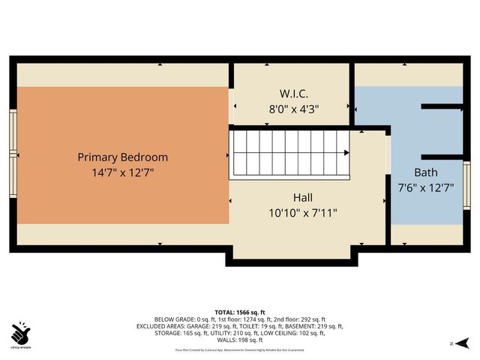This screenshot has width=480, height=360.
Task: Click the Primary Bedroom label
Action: (122, 157)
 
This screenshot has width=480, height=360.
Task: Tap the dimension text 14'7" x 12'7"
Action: (122, 172)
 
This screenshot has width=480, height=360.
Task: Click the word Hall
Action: (303, 197)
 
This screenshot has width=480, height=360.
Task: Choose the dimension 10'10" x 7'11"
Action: (303, 212)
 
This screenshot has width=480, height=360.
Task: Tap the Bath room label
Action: (425, 172)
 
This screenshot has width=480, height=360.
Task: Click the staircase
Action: (289, 153)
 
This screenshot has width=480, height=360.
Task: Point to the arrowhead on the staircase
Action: (346, 153)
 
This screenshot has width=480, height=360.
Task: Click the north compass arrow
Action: (463, 343)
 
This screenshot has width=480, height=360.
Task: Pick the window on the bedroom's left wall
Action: (13, 153)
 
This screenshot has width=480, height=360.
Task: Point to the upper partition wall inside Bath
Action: (442, 106)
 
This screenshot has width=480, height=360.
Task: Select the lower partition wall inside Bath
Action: (442, 157)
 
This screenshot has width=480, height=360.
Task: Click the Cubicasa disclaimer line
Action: (239, 349)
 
